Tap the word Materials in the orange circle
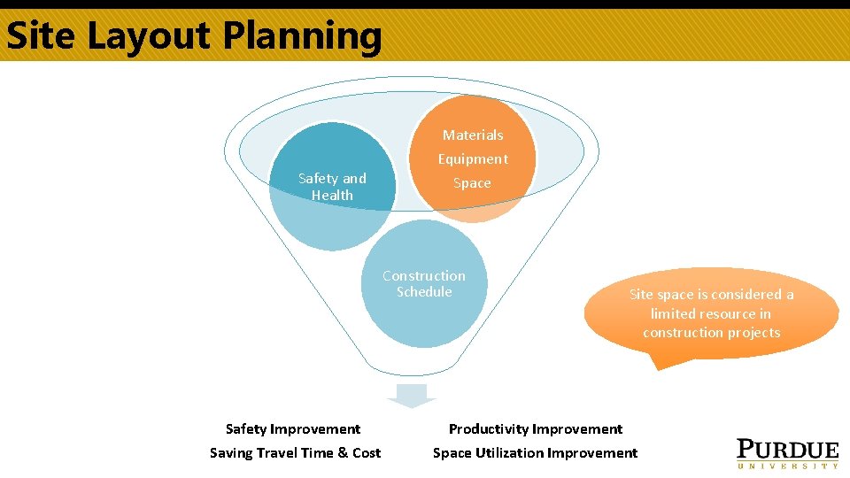point(473,135)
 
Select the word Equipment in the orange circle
point(473,159)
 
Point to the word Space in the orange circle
point(472,183)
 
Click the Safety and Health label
point(332,187)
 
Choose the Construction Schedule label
point(424,284)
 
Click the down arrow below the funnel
point(412,396)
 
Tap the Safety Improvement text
point(293,429)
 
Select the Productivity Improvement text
point(536,429)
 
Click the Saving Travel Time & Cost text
point(295,453)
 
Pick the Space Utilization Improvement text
point(535,453)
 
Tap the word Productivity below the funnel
point(491,429)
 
